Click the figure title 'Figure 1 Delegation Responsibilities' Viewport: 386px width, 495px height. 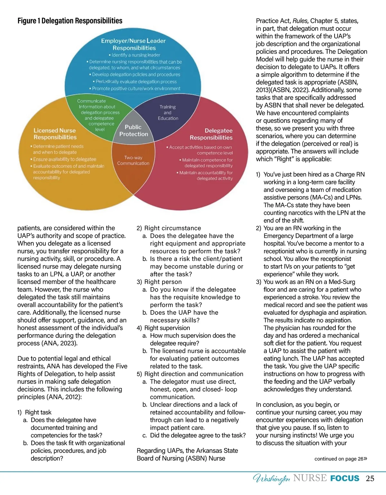point(70,21)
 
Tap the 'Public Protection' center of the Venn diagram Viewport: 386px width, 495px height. point(133,130)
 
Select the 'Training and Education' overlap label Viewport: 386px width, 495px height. point(168,113)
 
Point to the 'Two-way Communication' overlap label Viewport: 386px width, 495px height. point(133,160)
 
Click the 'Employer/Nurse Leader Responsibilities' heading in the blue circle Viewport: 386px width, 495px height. point(133,44)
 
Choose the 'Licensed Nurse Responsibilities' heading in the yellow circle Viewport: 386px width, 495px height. point(55,134)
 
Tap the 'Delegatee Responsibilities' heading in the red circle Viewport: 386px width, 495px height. point(211,134)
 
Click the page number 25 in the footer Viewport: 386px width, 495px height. point(370,479)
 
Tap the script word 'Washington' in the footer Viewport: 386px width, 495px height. point(271,479)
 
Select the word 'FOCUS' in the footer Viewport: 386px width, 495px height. point(345,479)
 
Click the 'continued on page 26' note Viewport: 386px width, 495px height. point(340,459)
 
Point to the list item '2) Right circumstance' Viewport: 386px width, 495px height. point(169,228)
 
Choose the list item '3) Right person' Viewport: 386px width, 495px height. point(159,282)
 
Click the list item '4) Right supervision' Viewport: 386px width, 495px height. point(163,328)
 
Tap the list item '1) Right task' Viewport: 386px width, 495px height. point(34,412)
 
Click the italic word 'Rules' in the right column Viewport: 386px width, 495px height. point(300,21)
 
